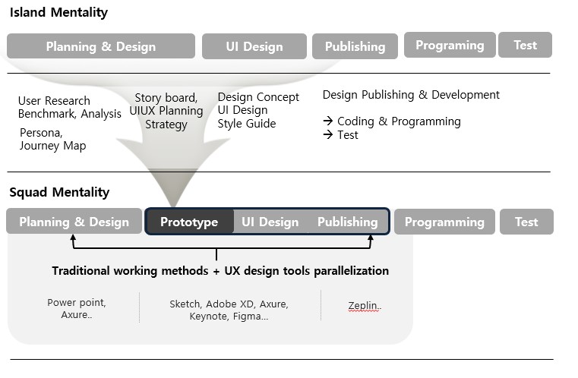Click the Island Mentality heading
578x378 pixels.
[x=58, y=12]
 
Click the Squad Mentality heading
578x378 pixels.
[x=59, y=192]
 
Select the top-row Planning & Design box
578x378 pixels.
[x=101, y=46]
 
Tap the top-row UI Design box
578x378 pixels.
[x=254, y=46]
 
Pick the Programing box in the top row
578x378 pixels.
[x=450, y=45]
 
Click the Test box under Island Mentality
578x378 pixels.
[x=526, y=45]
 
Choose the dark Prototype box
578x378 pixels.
[x=189, y=222]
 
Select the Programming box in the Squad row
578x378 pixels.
[x=444, y=222]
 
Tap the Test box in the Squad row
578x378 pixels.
[x=527, y=222]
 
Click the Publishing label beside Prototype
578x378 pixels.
[x=348, y=222]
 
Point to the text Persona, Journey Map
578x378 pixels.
[x=52, y=139]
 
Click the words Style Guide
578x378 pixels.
[x=247, y=124]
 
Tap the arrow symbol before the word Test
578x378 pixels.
[x=327, y=135]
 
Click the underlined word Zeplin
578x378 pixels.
[x=364, y=305]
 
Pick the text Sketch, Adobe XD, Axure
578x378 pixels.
[x=229, y=304]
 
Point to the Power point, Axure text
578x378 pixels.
[x=77, y=308]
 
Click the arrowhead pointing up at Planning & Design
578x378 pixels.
[x=73, y=238]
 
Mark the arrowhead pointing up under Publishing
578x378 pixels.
[x=371, y=238]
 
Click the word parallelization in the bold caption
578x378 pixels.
[x=352, y=271]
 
